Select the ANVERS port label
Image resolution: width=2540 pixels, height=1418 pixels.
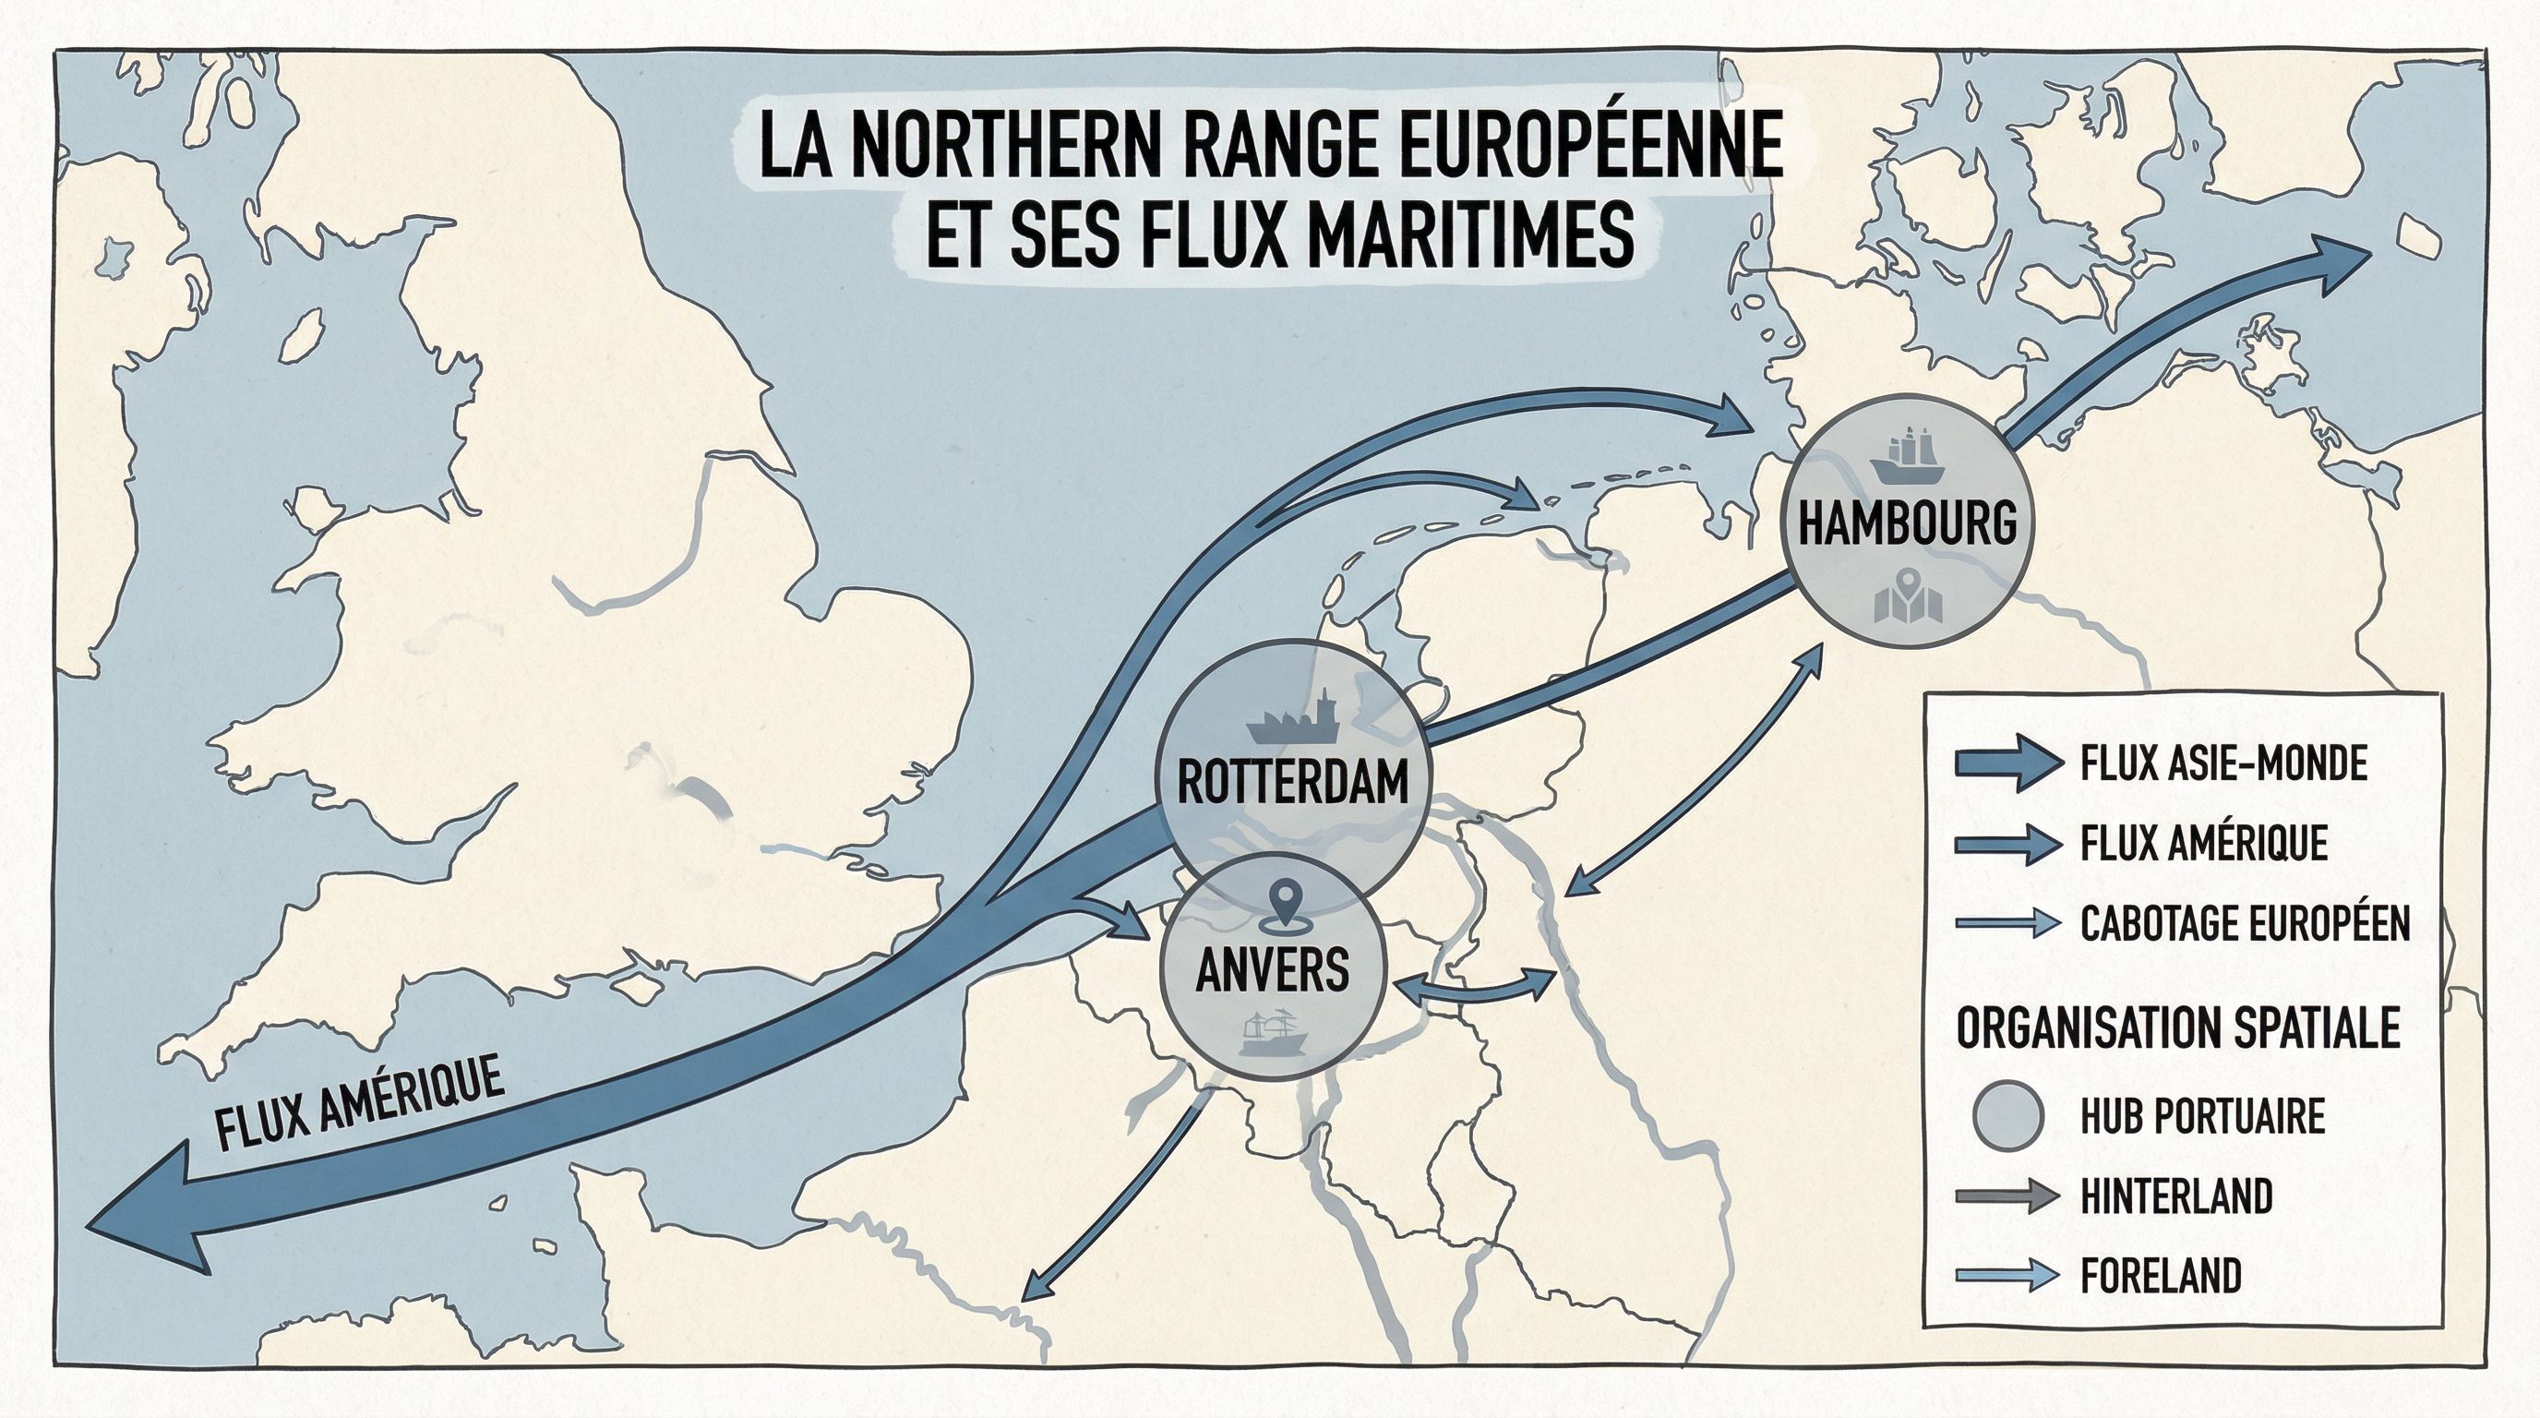pyautogui.click(x=1272, y=968)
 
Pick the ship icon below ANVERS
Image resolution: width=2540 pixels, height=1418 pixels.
pyautogui.click(x=1273, y=1033)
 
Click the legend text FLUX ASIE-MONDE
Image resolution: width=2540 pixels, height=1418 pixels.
pyautogui.click(x=2223, y=763)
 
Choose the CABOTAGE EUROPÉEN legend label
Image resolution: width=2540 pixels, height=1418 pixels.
pyautogui.click(x=2246, y=924)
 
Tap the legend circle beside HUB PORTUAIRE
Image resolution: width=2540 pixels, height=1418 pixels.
pyautogui.click(x=2007, y=1116)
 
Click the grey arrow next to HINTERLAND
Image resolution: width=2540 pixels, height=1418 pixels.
pyautogui.click(x=2007, y=1197)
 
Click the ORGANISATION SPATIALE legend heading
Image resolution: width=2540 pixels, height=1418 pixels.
pyautogui.click(x=2178, y=1028)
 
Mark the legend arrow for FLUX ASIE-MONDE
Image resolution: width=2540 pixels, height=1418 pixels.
pyautogui.click(x=2007, y=763)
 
